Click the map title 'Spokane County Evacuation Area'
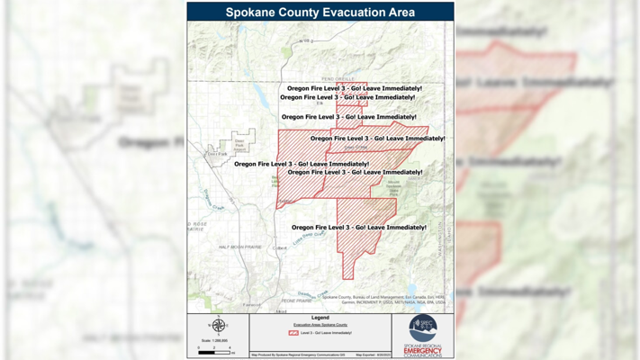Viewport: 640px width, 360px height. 320,13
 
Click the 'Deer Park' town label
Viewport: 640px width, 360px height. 217,154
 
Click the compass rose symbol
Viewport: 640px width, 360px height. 219,326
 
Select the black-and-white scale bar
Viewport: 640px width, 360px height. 213,352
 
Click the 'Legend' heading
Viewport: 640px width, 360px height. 320,318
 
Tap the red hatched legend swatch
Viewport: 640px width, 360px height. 293,333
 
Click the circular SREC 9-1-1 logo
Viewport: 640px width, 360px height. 422,328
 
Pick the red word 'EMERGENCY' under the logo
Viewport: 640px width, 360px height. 423,349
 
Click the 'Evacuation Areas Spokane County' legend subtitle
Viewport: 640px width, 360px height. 320,325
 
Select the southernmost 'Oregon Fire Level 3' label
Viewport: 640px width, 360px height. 358,228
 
